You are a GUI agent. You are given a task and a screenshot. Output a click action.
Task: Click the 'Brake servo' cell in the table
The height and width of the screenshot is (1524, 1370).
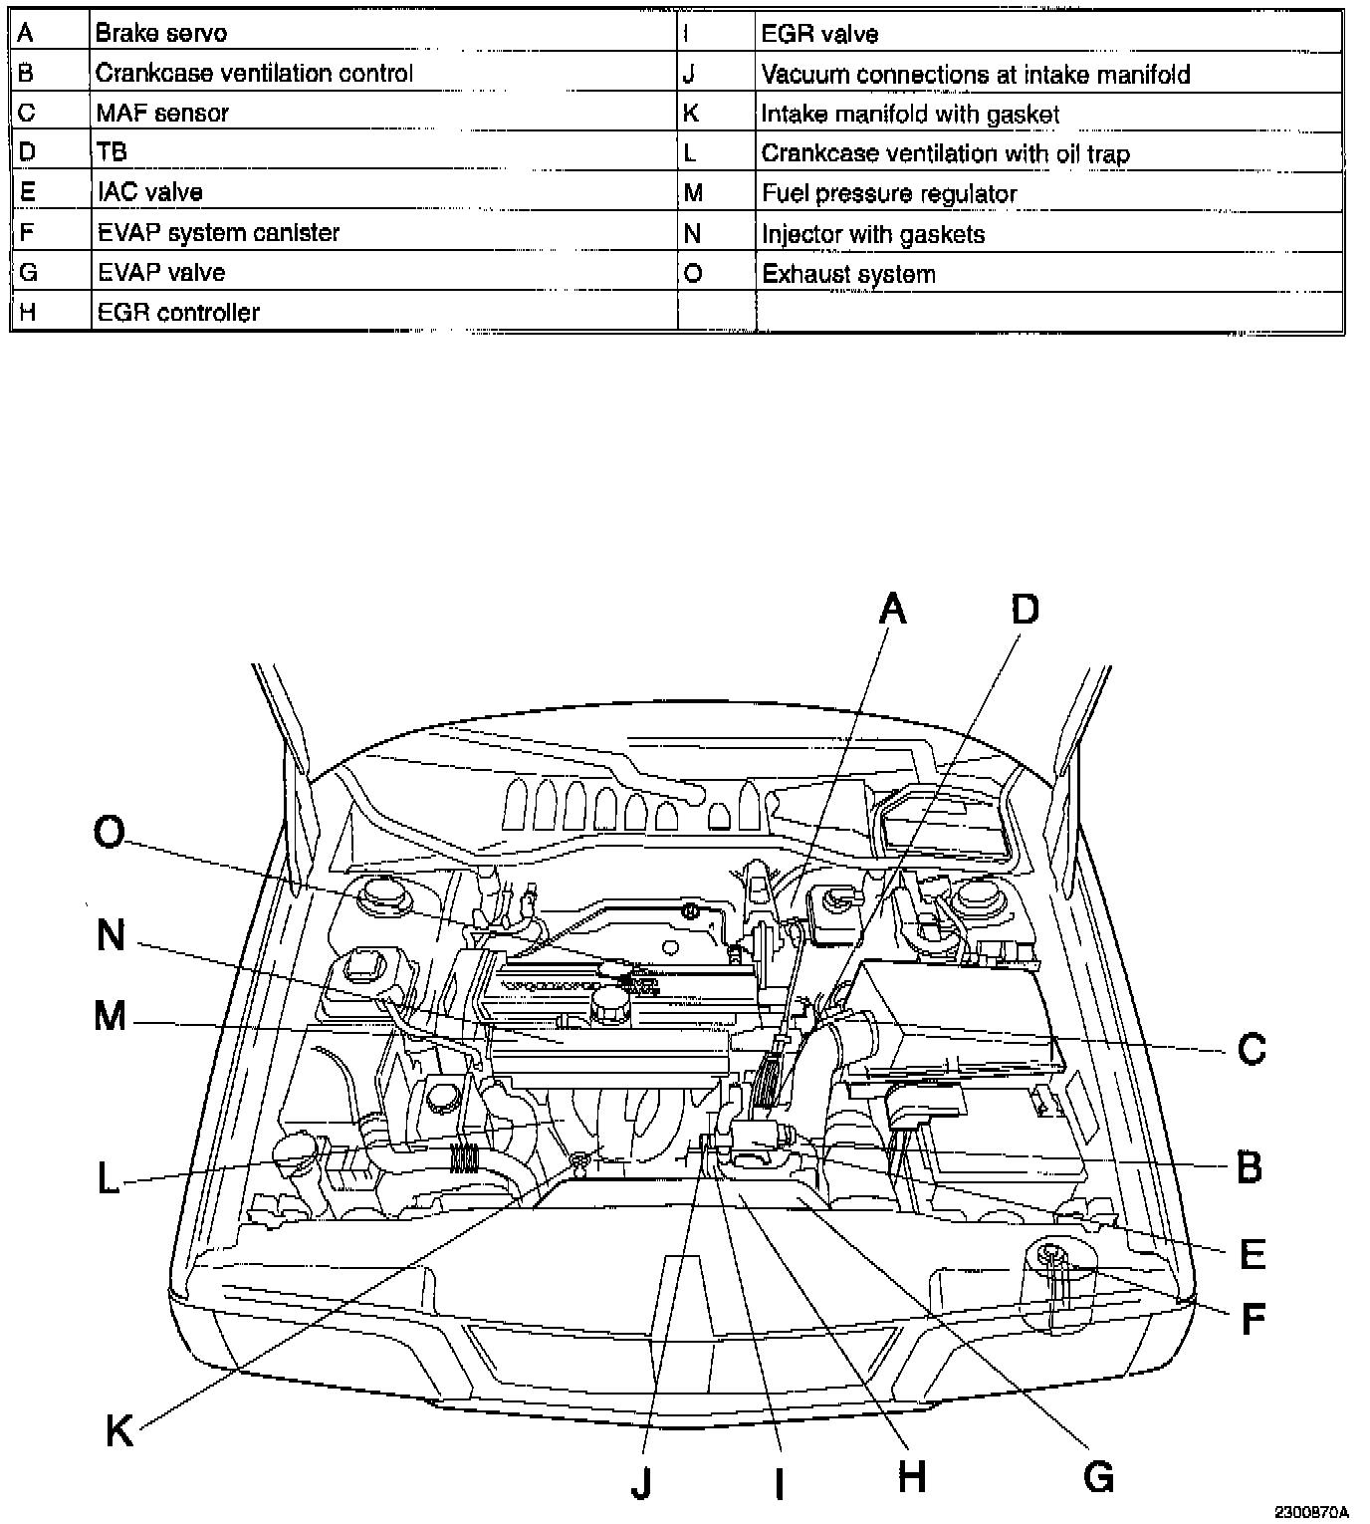coord(160,33)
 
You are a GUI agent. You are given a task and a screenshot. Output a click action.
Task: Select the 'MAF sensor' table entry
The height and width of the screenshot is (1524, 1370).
coord(162,113)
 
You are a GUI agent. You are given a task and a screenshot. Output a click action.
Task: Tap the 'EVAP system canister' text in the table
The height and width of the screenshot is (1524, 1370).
coord(217,232)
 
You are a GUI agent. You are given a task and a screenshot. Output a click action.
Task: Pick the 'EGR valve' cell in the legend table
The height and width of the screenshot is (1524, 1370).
coord(819,35)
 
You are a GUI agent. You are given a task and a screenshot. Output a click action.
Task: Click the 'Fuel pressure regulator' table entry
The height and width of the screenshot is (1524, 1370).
coord(889,194)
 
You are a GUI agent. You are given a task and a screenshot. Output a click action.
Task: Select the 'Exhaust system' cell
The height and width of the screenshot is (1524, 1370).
coord(848,274)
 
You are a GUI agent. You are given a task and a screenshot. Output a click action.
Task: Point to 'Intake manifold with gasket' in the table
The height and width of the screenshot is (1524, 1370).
coord(910,115)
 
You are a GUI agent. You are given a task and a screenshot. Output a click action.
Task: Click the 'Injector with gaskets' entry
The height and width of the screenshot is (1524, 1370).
coord(873,234)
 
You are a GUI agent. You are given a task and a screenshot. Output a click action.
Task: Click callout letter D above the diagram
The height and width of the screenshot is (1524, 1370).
coord(1025,608)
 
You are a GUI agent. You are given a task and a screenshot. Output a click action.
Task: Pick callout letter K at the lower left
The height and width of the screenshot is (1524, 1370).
coord(119,1431)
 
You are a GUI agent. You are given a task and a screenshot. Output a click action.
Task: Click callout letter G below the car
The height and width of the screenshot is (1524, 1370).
coord(1098,1475)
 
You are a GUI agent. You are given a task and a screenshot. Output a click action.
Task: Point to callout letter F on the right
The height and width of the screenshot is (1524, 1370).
coord(1253,1320)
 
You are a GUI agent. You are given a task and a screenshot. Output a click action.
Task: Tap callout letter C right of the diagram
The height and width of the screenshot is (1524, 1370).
coord(1251,1048)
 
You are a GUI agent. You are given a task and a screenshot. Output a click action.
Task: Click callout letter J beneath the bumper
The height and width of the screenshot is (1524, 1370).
coord(641,1484)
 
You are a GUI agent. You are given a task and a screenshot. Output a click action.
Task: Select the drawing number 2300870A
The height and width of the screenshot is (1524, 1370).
coord(1310,1510)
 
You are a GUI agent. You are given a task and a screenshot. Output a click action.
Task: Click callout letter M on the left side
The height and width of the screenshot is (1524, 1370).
coord(111,1017)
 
